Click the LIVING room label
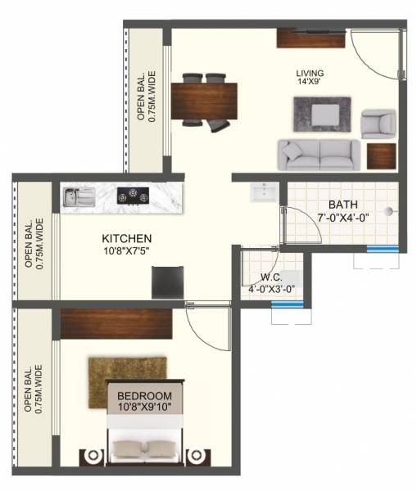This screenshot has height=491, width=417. click(310, 72)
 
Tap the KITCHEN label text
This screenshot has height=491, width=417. click(126, 238)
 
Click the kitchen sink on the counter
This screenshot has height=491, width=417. click(78, 196)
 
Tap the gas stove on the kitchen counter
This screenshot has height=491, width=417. click(129, 196)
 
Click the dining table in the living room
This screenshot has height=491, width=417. click(202, 101)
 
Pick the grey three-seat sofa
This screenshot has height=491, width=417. click(318, 153)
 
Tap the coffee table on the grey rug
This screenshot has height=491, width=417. click(322, 111)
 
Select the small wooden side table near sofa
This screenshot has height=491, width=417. click(381, 155)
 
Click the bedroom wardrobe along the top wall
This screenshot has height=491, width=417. click(116, 324)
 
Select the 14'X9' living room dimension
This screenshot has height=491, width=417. click(310, 83)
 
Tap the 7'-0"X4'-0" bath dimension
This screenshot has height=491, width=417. click(345, 218)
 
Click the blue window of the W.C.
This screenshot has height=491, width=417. click(287, 304)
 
